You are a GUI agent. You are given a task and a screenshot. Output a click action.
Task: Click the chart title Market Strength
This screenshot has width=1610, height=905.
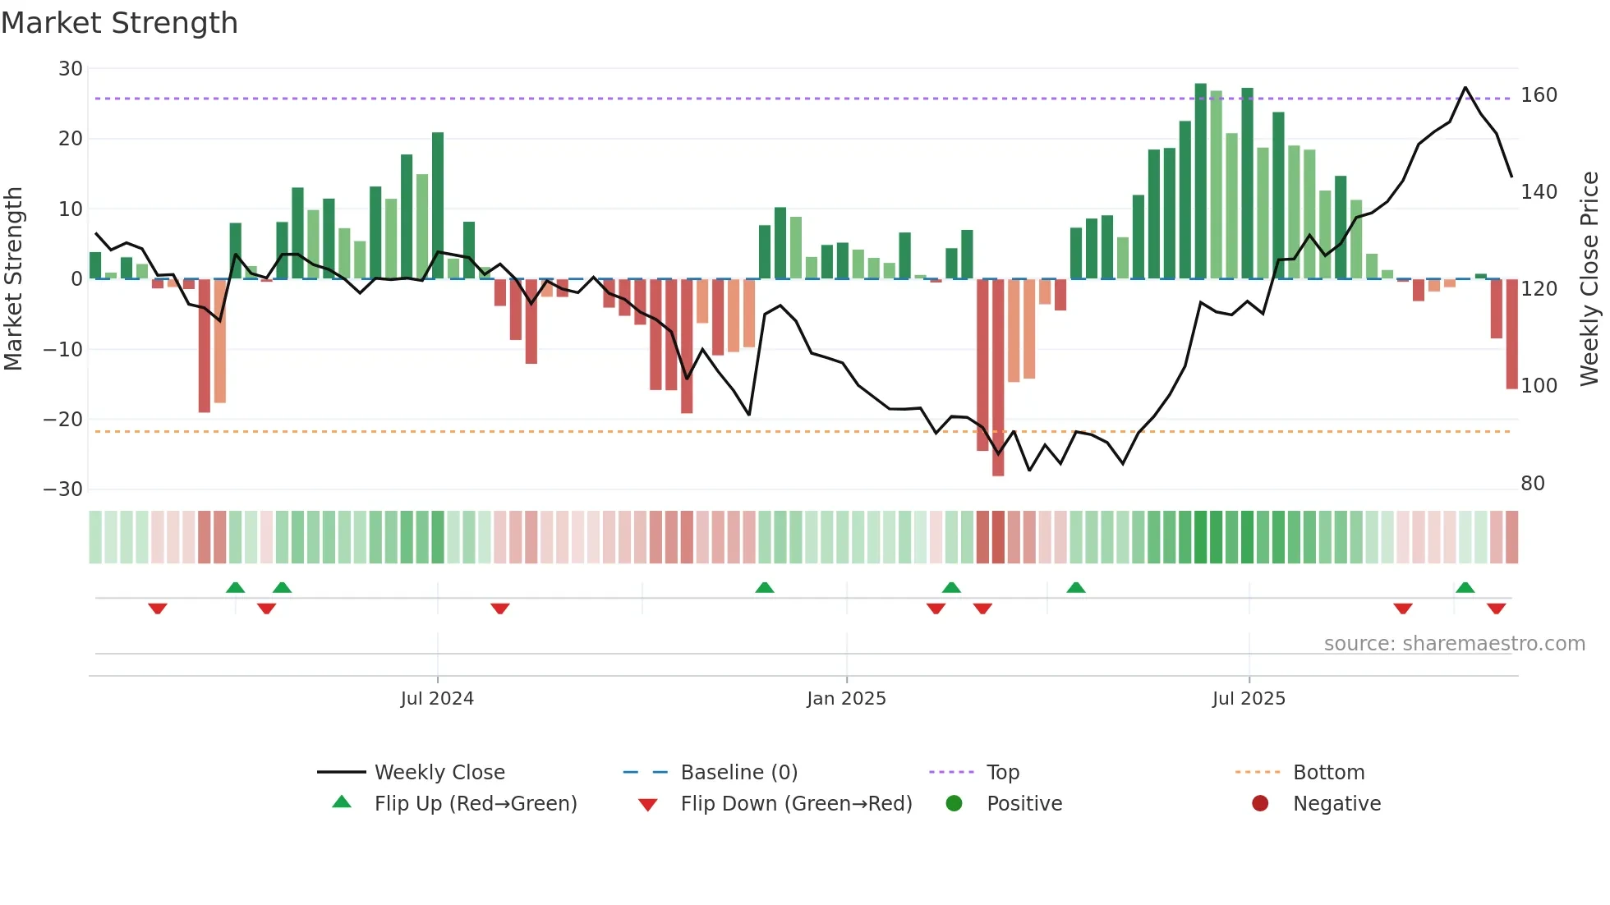point(119,23)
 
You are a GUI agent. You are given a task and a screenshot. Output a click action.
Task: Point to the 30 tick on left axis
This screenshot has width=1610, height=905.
point(71,69)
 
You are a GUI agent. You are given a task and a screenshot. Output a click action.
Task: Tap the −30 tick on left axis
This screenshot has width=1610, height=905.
point(63,489)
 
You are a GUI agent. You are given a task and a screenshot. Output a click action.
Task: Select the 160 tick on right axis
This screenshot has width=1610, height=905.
point(1539,95)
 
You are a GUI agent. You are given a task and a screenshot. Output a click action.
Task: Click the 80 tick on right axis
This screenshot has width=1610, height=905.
point(1533,484)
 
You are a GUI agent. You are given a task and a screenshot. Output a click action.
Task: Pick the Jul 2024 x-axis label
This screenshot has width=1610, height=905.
point(437,699)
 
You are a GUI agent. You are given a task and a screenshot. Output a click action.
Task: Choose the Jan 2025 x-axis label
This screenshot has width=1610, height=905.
point(846,699)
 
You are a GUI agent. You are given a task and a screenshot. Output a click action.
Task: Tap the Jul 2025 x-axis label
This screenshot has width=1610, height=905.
point(1249,699)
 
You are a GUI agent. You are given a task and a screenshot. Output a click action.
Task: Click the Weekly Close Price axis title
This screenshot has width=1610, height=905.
point(1589,279)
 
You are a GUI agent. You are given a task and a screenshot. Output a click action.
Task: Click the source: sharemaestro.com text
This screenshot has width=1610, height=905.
point(1454,644)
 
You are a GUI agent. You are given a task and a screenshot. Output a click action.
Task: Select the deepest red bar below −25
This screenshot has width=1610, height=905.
point(998,378)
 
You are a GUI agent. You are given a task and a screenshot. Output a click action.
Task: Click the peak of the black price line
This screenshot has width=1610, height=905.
point(1465,87)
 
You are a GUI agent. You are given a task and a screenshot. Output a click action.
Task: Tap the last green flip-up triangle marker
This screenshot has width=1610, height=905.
point(1465,587)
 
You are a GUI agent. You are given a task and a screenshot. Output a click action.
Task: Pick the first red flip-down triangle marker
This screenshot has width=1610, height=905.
point(158,609)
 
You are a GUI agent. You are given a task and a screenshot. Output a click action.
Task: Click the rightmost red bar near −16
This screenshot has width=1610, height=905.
point(1511,333)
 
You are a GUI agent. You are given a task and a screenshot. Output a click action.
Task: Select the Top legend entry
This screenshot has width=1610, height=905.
point(1002,773)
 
